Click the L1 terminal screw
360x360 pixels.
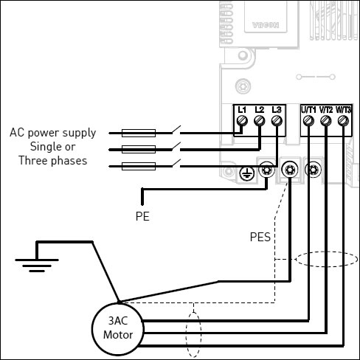(242, 121)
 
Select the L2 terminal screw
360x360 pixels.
(259, 121)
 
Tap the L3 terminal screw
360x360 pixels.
(277, 121)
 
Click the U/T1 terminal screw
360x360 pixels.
(308, 121)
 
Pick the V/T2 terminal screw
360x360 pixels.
(326, 121)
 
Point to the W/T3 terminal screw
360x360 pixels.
(343, 121)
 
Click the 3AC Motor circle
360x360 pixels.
(118, 303)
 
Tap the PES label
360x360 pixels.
(260, 237)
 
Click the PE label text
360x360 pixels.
(142, 216)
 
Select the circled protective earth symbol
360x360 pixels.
(246, 174)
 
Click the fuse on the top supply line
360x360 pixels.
(139, 133)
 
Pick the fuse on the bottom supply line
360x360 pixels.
(139, 167)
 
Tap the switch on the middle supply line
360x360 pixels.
(176, 147)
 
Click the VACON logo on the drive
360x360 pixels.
(266, 25)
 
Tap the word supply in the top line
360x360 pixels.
(79, 133)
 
